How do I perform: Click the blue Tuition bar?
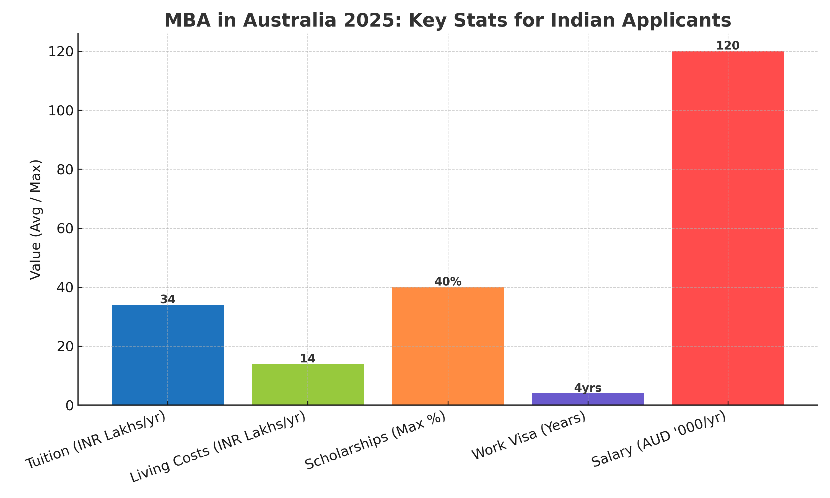click(x=167, y=355)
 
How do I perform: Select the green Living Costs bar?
click(x=307, y=384)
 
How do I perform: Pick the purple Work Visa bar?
click(x=587, y=399)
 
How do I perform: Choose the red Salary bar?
click(x=728, y=228)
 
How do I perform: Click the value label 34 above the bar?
click(x=167, y=299)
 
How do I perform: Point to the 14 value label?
click(x=307, y=358)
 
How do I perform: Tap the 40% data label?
click(x=448, y=282)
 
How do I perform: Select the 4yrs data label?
click(x=587, y=388)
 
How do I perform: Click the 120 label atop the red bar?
click(x=728, y=46)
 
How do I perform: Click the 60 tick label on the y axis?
click(x=65, y=229)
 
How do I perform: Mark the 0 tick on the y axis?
click(x=69, y=406)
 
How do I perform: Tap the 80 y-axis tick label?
click(x=65, y=170)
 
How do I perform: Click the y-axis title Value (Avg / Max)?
click(x=36, y=219)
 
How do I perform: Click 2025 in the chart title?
click(x=372, y=20)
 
